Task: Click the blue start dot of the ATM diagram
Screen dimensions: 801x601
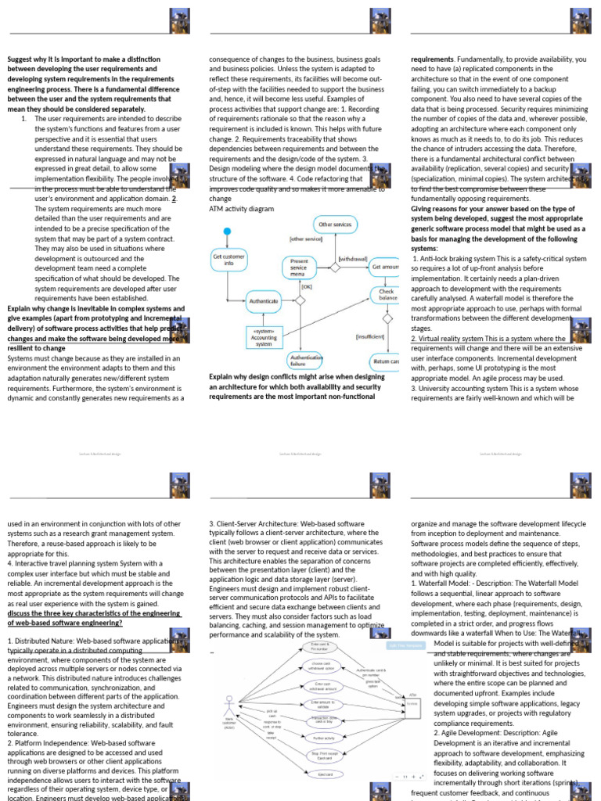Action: (x=227, y=232)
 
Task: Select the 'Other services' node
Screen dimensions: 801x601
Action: (x=335, y=224)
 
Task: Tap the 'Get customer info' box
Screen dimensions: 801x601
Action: (x=229, y=260)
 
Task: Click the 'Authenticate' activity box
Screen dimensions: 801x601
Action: (x=263, y=300)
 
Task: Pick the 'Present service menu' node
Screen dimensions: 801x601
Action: (x=299, y=267)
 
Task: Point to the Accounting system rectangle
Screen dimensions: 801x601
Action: (x=264, y=338)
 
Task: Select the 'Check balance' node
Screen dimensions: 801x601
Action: (x=387, y=295)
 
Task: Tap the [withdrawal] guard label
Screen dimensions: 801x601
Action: (x=353, y=258)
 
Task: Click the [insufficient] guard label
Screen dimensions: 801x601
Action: (x=370, y=336)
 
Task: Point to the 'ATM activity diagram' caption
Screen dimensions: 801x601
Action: (x=242, y=209)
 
